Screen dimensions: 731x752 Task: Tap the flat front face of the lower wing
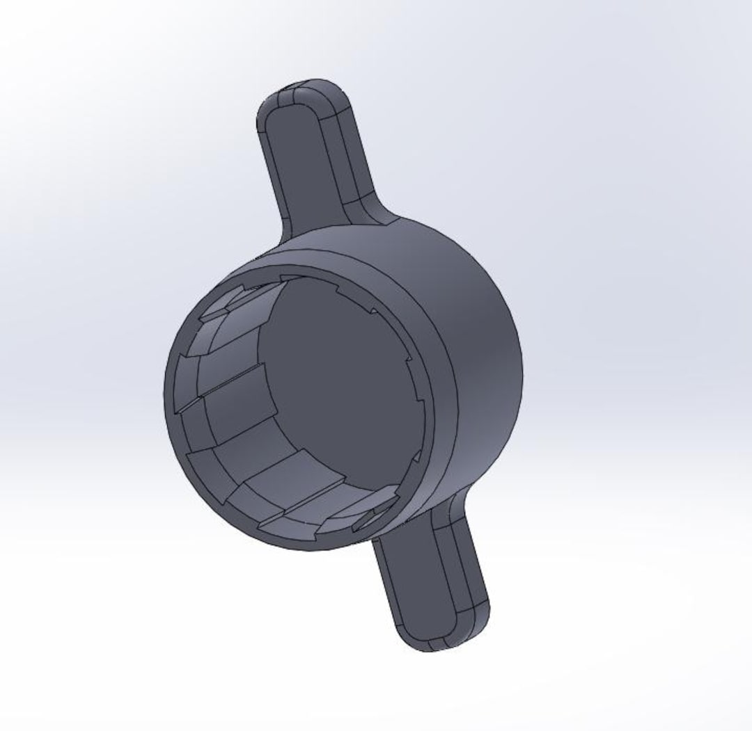click(425, 584)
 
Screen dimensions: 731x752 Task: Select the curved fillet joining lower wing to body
click(446, 511)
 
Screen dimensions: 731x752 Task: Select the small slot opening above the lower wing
click(373, 518)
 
